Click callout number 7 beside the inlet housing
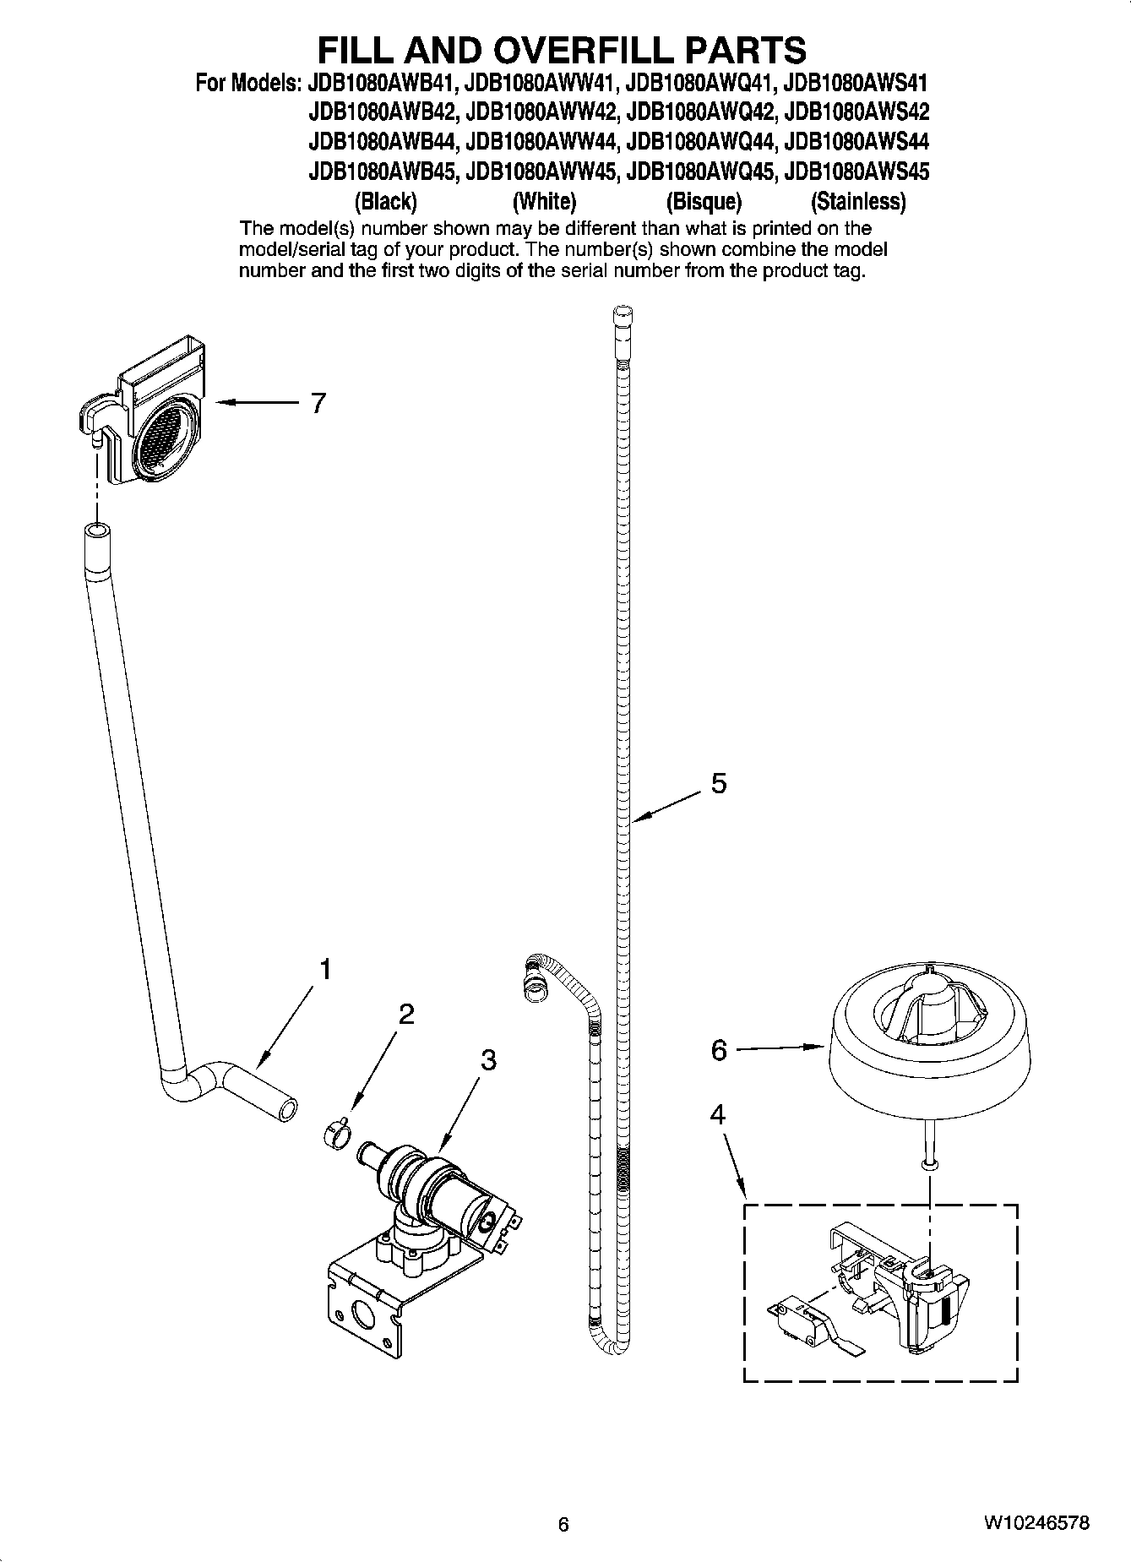[317, 404]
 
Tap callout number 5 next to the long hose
[718, 784]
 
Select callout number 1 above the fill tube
[324, 970]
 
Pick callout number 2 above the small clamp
[406, 1014]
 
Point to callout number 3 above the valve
[488, 1060]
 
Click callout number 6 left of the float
[719, 1050]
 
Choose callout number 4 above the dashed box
[717, 1115]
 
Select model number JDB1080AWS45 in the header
[856, 172]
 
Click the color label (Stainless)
[857, 202]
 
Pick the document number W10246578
[1036, 1524]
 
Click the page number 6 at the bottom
[563, 1525]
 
